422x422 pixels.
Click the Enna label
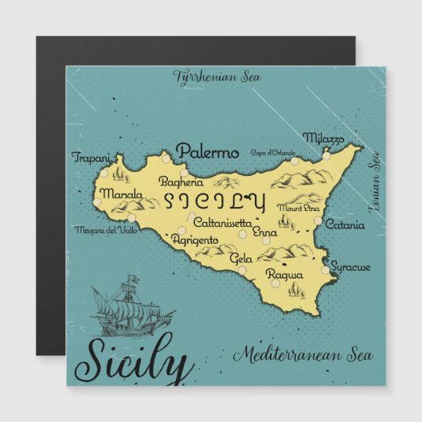264,232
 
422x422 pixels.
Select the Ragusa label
284,275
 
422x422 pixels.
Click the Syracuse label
350,267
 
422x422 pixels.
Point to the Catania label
344,225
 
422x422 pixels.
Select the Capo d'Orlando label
272,152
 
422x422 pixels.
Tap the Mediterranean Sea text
298,353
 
